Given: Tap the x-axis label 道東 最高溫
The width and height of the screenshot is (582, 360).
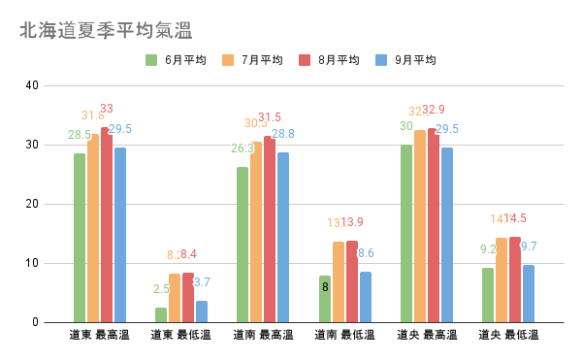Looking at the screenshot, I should (x=100, y=336).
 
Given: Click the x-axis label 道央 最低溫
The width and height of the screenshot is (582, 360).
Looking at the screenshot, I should (x=508, y=336).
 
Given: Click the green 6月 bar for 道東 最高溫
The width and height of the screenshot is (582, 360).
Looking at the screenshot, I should (x=80, y=238).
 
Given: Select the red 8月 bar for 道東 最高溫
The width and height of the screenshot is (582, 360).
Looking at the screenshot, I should (x=107, y=225).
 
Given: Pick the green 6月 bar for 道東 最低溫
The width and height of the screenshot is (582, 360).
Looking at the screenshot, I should (x=161, y=314).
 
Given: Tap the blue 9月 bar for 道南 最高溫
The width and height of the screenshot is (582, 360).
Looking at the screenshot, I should (x=283, y=237).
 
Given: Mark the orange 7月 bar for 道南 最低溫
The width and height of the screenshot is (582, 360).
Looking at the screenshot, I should (x=339, y=281).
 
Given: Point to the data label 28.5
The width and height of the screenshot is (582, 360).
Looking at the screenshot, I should (x=80, y=135).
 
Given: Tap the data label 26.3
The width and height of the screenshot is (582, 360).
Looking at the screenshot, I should (x=242, y=148).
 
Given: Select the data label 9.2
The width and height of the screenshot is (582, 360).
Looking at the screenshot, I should (x=488, y=249).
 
